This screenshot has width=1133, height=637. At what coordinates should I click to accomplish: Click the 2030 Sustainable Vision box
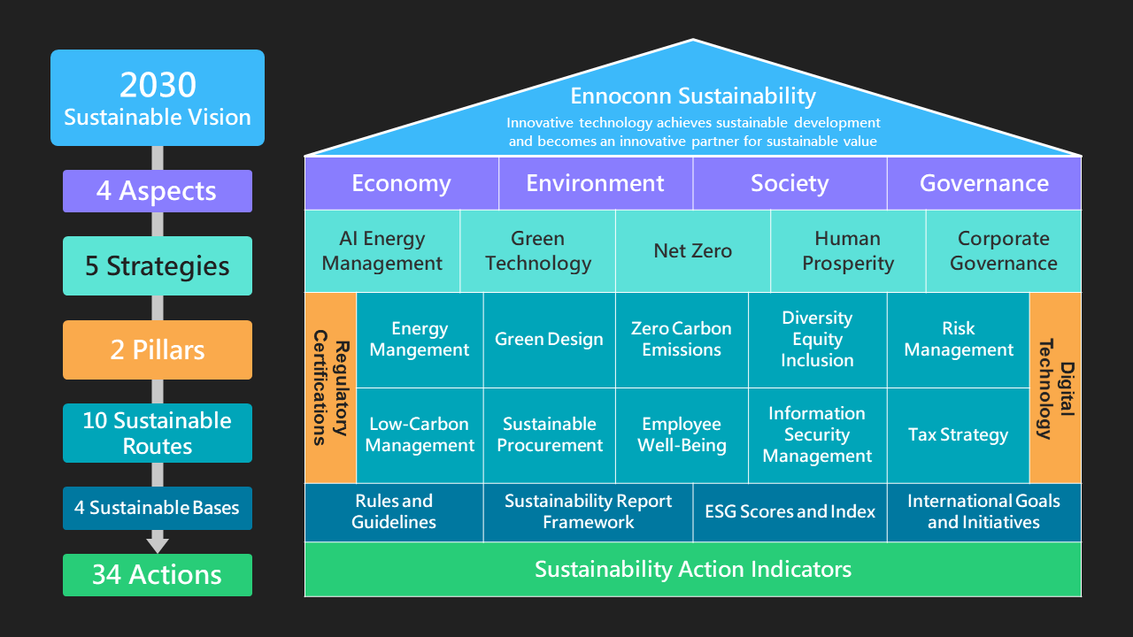click(158, 97)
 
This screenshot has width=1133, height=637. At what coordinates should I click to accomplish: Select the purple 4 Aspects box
click(158, 191)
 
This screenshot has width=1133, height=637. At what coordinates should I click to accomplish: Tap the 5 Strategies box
click(158, 265)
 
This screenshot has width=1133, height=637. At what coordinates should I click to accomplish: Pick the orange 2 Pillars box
click(158, 349)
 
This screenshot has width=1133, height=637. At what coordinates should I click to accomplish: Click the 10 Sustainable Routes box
click(158, 433)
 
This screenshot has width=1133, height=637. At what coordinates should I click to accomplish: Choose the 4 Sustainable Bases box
click(158, 508)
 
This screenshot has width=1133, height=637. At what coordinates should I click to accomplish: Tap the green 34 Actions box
click(158, 575)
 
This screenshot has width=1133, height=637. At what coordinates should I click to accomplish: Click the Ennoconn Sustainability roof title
click(692, 96)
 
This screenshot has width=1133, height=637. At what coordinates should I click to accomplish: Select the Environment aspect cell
click(595, 183)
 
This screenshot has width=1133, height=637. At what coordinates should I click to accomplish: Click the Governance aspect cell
click(983, 183)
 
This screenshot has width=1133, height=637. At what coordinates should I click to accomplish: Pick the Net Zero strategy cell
click(692, 250)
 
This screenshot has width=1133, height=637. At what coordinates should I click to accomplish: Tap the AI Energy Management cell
click(382, 250)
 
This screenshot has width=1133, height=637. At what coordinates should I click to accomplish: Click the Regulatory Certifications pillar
click(330, 388)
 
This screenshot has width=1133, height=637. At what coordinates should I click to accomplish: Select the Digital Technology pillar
click(1055, 388)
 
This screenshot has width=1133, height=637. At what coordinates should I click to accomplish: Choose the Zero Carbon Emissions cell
click(682, 339)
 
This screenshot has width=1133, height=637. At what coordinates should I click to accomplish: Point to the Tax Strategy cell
click(958, 434)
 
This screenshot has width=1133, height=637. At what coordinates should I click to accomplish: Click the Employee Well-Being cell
click(682, 434)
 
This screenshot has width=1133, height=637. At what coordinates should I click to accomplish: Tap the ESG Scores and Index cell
click(790, 511)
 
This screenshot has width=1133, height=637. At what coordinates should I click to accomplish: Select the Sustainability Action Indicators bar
click(692, 569)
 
